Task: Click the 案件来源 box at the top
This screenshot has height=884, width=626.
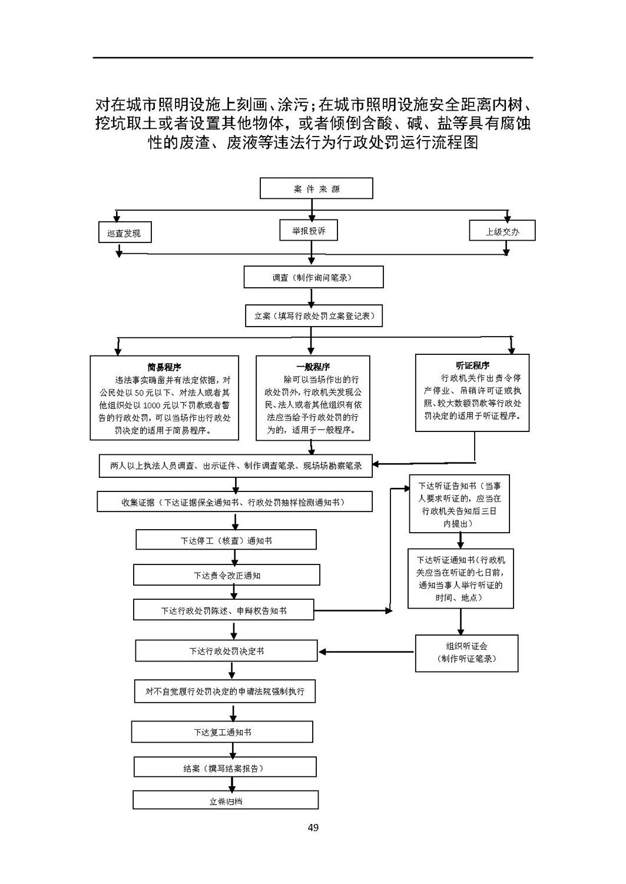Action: (316, 188)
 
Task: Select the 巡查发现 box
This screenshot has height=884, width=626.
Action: (125, 232)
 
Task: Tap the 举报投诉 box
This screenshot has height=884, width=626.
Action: (309, 230)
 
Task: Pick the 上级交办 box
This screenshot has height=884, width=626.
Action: (502, 231)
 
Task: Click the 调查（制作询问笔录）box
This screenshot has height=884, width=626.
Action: (314, 277)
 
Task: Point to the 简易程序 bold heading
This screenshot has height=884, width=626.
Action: (164, 367)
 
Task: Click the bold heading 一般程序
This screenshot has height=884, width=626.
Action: (313, 367)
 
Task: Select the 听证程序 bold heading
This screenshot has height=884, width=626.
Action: (472, 365)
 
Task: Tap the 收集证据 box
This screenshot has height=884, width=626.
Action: (234, 501)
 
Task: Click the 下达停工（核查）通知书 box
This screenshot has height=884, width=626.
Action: (226, 540)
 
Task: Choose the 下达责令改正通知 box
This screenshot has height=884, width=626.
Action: (227, 574)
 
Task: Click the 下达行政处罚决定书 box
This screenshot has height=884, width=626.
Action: (226, 650)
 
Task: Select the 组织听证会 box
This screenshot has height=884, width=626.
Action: (466, 653)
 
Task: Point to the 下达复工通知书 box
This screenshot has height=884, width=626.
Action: (222, 732)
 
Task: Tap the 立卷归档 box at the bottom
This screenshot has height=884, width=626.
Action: (226, 800)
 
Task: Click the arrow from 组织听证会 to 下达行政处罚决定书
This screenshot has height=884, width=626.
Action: (366, 652)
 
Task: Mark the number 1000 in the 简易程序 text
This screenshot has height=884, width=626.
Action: (151, 406)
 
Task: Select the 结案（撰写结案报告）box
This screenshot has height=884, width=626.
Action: (225, 767)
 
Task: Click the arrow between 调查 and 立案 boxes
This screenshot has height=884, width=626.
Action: (311, 298)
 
